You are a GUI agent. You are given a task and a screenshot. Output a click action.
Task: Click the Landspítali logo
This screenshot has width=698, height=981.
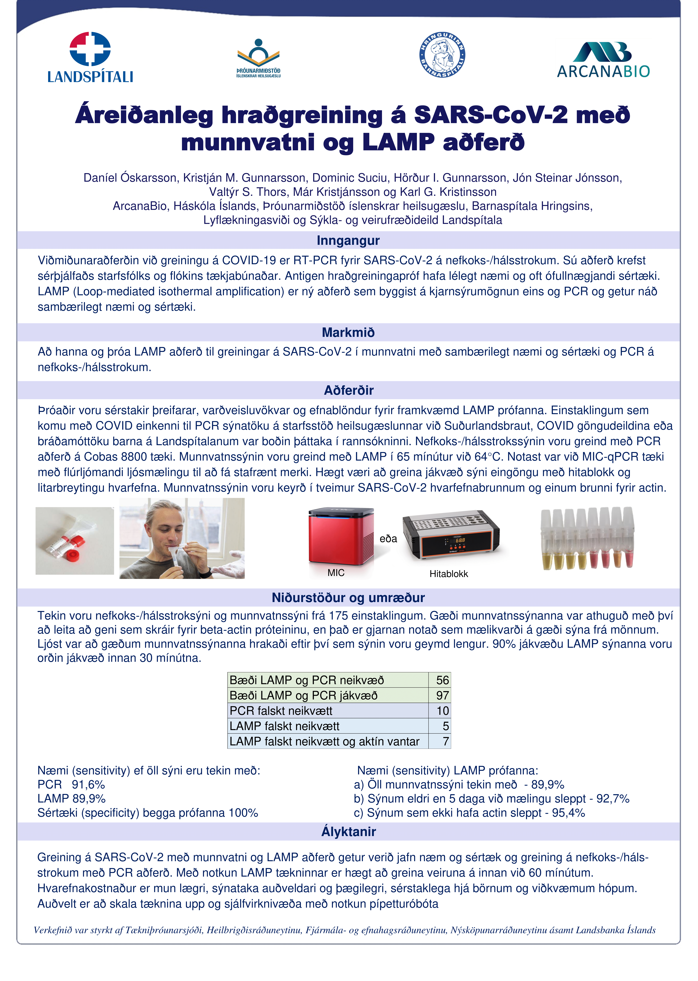[90, 57]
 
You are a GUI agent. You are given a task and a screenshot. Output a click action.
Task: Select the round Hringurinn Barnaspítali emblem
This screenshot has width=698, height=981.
[442, 55]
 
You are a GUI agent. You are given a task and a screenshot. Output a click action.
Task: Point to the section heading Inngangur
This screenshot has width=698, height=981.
[348, 240]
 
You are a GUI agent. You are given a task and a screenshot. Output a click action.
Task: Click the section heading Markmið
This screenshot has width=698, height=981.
[348, 332]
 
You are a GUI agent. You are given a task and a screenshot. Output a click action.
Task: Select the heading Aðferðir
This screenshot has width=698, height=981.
[348, 390]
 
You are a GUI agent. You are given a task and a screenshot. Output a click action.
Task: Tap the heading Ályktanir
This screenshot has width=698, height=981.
[348, 831]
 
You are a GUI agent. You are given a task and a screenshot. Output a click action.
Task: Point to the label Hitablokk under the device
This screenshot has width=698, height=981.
[448, 573]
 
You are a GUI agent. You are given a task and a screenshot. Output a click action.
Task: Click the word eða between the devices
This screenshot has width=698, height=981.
[388, 539]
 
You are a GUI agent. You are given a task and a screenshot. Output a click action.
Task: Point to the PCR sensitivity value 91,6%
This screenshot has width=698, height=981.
[88, 785]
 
